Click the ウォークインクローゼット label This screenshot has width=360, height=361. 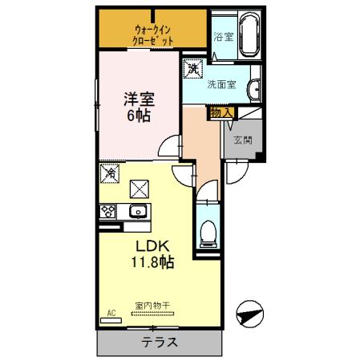point(152,34)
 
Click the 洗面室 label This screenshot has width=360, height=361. point(222,84)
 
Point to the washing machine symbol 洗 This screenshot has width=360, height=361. point(192,70)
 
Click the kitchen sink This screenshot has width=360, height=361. point(137,212)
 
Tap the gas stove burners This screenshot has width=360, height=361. point(108,212)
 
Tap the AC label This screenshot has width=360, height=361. point(111,312)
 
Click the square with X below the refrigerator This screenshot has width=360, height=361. point(140,189)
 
